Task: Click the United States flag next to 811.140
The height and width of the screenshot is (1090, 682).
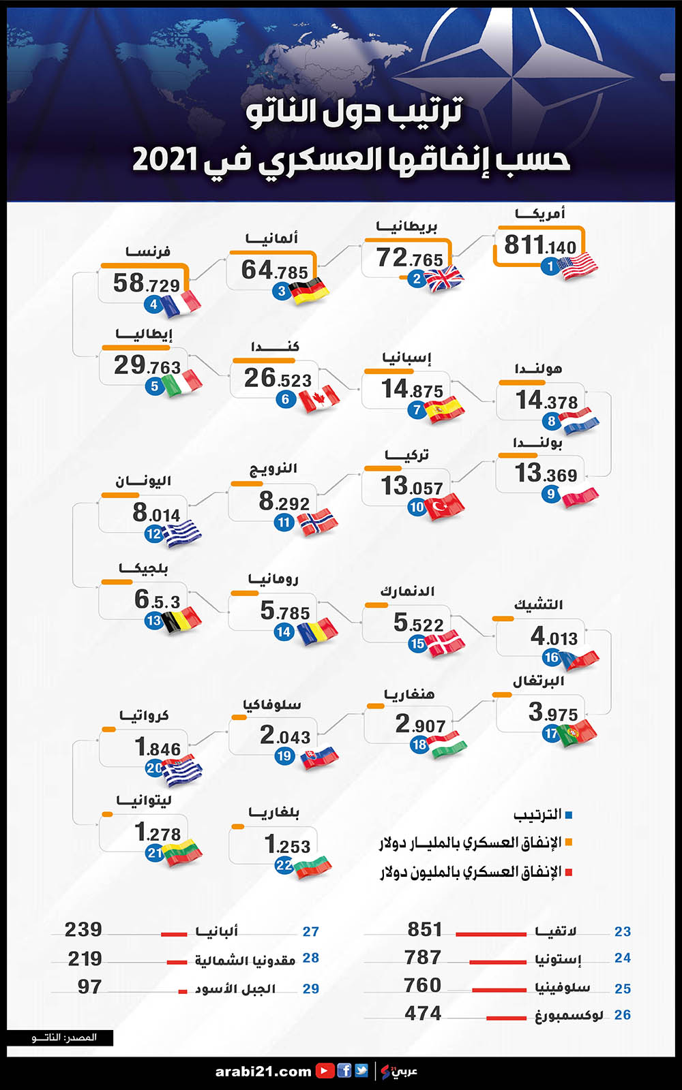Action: [579, 266]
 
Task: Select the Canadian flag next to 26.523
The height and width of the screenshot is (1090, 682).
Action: [319, 399]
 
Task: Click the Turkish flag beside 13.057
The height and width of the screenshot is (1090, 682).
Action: [445, 507]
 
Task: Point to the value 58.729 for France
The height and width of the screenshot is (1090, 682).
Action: [147, 283]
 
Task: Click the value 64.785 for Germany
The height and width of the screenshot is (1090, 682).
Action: [274, 270]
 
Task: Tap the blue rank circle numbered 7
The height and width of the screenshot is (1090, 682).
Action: [417, 410]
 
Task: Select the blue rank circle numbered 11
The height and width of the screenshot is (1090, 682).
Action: [284, 523]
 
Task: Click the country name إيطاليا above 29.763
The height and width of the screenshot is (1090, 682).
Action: [144, 334]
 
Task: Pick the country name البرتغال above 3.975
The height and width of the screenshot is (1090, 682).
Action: [539, 681]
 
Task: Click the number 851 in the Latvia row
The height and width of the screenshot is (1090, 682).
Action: [425, 929]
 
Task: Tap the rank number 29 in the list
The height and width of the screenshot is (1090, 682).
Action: [311, 988]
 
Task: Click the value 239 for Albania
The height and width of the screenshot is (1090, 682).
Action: [83, 929]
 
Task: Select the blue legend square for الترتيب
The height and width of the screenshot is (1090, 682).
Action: [569, 815]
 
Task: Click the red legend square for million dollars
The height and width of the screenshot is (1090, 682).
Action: [569, 872]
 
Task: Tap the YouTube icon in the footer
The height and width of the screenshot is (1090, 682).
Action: [325, 1071]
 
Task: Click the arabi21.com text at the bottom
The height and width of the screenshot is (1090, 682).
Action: [263, 1072]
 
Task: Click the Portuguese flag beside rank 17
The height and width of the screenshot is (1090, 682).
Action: [577, 733]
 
